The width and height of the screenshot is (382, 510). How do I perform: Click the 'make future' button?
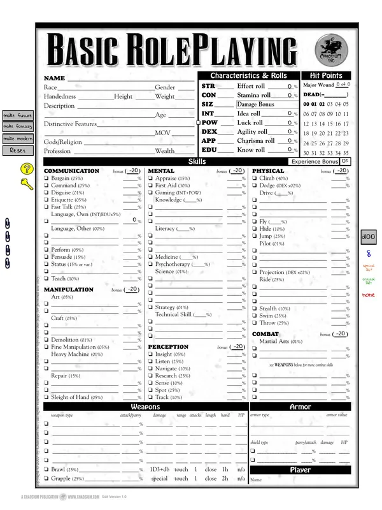(18, 115)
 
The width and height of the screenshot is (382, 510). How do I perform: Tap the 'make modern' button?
(18, 138)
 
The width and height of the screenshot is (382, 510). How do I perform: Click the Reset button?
(18, 150)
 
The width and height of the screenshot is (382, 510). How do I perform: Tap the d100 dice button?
(368, 235)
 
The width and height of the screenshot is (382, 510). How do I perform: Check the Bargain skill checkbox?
(46, 178)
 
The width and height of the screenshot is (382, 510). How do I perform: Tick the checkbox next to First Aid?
(151, 186)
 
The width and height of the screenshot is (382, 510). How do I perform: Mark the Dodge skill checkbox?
(255, 186)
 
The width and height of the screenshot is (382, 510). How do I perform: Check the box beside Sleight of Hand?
(46, 397)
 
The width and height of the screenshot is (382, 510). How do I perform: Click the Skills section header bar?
(197, 162)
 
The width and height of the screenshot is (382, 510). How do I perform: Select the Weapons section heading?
(145, 406)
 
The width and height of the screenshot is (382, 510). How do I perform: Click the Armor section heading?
(300, 406)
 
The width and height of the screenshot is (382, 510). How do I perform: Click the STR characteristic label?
(208, 86)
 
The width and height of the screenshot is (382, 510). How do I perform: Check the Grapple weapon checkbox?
(46, 478)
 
